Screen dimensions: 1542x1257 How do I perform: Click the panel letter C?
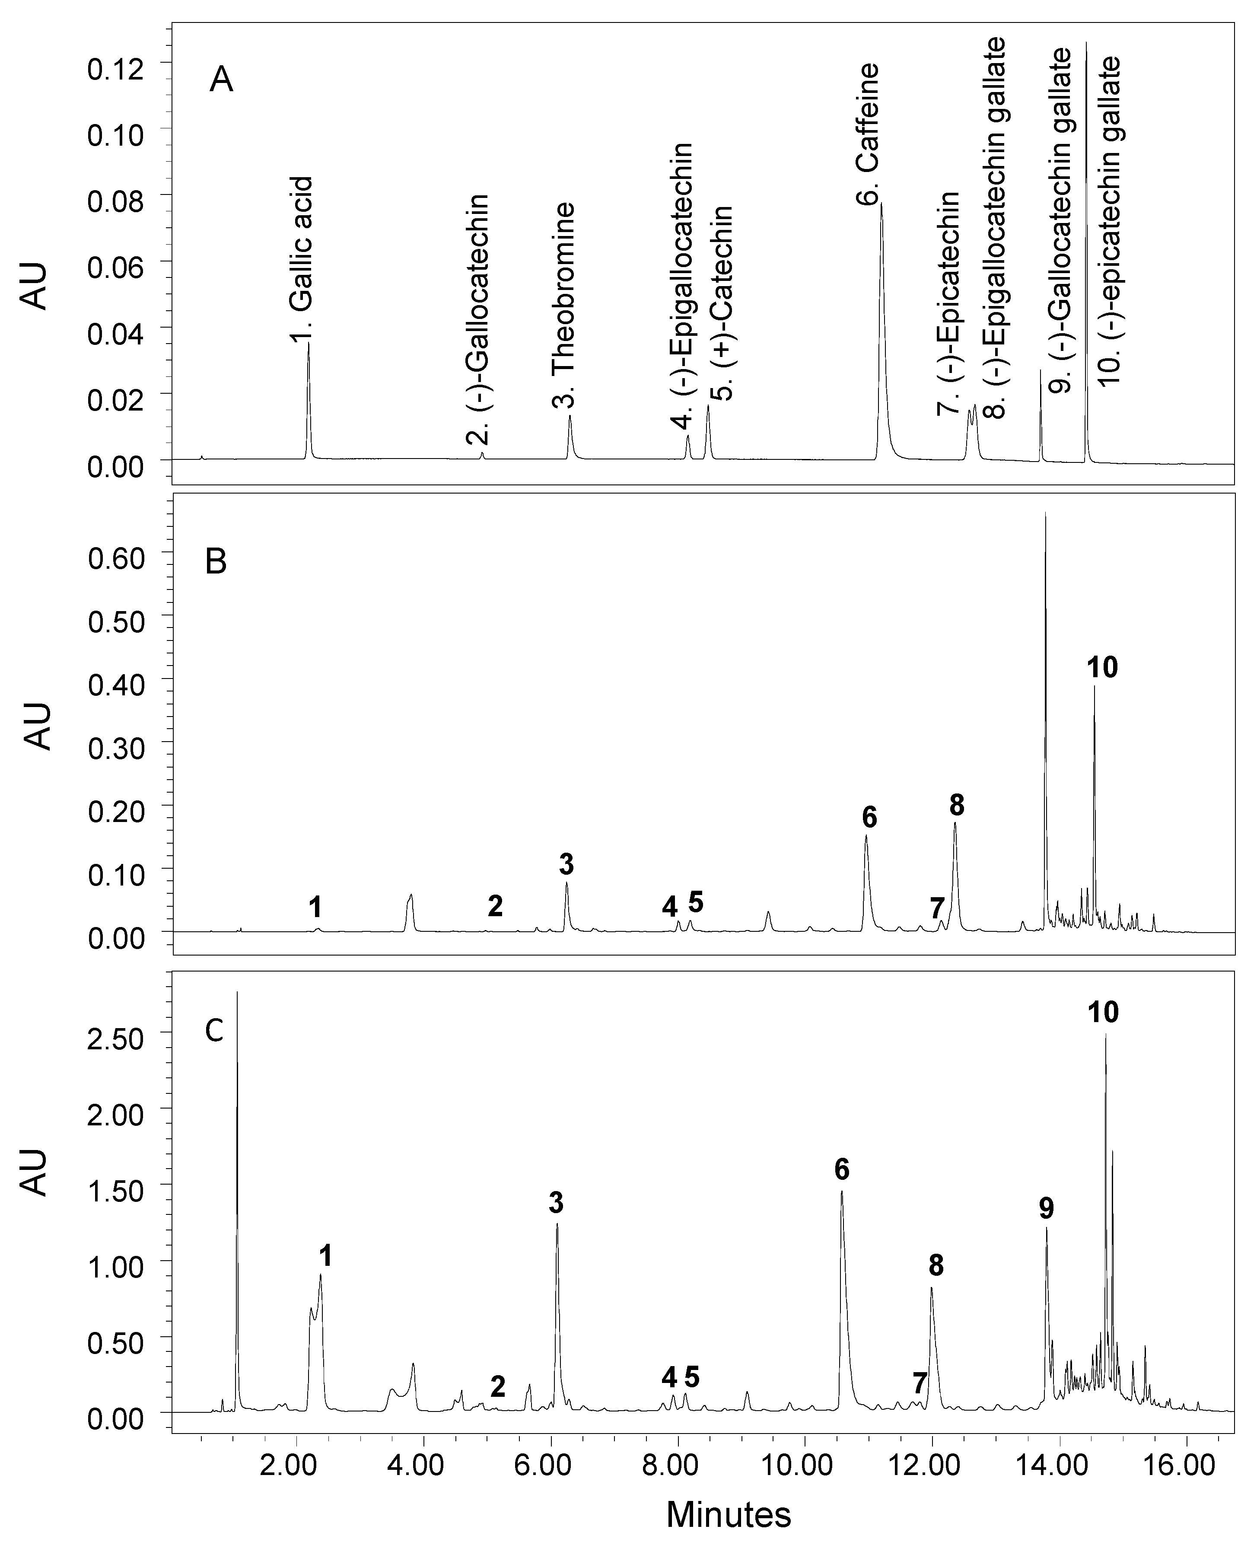[214, 1031]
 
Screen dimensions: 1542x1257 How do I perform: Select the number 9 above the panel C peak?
[1046, 1207]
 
